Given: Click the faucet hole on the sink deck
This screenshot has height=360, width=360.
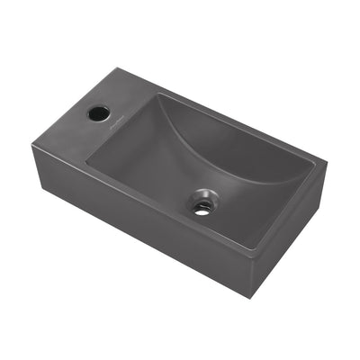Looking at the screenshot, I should click(98, 113).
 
